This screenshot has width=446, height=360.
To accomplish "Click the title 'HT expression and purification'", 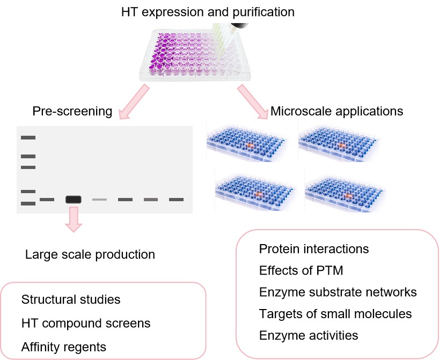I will (208, 11).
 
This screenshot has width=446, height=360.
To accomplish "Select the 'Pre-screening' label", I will (72, 112).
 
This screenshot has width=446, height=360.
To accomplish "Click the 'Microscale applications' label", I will (337, 112).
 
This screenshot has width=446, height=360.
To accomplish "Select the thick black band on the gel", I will (73, 200).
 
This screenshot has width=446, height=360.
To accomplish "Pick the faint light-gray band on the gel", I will (99, 200).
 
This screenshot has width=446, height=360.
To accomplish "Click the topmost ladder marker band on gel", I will (28, 138).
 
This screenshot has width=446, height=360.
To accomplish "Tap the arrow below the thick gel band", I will (73, 221).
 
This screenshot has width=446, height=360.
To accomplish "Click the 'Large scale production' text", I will (90, 254).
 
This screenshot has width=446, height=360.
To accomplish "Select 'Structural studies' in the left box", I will (71, 299).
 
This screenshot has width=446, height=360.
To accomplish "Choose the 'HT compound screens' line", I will (86, 324).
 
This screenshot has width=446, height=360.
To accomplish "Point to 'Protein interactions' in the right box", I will (314, 249).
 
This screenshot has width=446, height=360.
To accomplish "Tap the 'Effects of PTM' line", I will (301, 270).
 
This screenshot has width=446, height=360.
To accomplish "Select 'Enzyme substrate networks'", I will (338, 292).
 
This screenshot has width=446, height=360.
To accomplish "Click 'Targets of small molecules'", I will (335, 314).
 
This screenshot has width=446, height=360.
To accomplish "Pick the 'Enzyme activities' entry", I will (308, 335).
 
